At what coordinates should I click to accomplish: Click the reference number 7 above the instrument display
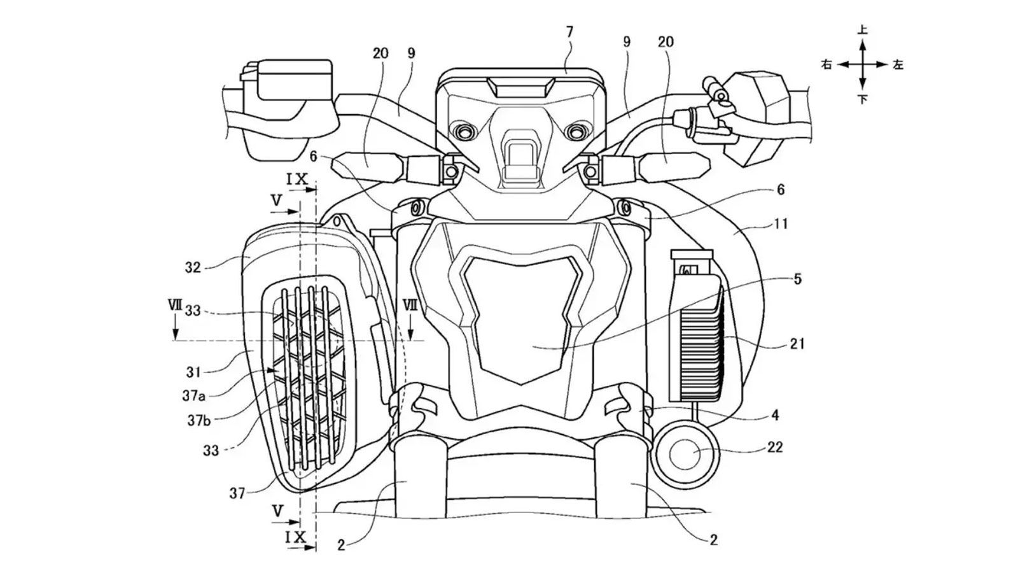tap(570, 32)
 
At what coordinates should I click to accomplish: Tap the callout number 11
tap(780, 223)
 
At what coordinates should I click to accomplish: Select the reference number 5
tap(798, 279)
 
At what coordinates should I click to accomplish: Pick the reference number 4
tap(776, 414)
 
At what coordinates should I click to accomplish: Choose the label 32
tap(193, 267)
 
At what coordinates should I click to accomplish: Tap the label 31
tap(193, 372)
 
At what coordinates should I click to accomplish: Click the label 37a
tap(194, 396)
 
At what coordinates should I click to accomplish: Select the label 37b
tap(199, 421)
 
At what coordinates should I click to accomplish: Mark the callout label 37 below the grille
tap(237, 493)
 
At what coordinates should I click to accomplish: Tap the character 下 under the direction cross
tap(863, 99)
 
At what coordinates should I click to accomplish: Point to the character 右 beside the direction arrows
tap(826, 64)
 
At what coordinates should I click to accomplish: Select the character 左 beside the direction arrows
tap(898, 64)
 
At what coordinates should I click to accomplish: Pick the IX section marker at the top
tap(296, 179)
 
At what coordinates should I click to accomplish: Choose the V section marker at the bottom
tap(277, 512)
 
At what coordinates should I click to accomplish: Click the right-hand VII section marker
tap(410, 305)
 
